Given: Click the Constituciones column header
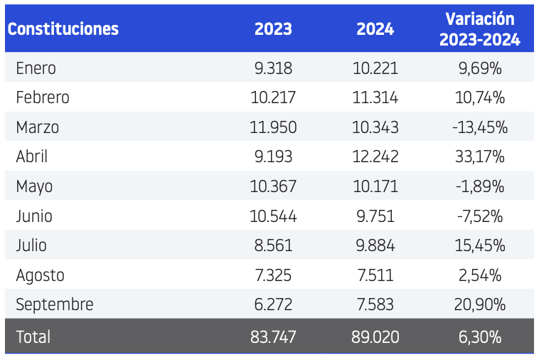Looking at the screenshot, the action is pos(63,29).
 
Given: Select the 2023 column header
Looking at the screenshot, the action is pos(273,29).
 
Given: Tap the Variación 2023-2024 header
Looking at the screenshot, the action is pos(480,29).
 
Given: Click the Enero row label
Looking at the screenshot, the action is pos(36,68).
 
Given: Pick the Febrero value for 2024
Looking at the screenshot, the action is pos(375,97).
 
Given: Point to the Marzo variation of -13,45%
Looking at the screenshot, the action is pos(480,127).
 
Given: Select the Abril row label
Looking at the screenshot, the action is pos(31,157).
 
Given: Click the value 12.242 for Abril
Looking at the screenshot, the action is pos(375,157).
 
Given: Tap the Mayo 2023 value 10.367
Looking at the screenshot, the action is pos(273,186).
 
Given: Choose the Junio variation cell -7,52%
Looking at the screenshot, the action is pos(480,216).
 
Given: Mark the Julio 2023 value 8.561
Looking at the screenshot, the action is pos(273,245).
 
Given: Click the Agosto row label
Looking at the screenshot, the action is pos(41,275).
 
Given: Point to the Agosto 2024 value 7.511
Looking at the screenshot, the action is pos(375,275).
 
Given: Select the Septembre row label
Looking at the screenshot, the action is pos(55,305).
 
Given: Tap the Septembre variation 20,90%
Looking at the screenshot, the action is pos(480,305).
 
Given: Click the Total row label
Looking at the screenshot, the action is pos(33,337).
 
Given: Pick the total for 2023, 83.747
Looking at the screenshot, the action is pos(273,337).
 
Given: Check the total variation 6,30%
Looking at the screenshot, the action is pos(480,337).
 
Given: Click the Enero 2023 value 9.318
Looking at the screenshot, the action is pos(273,68).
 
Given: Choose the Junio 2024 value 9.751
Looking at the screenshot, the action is pos(375,216).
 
